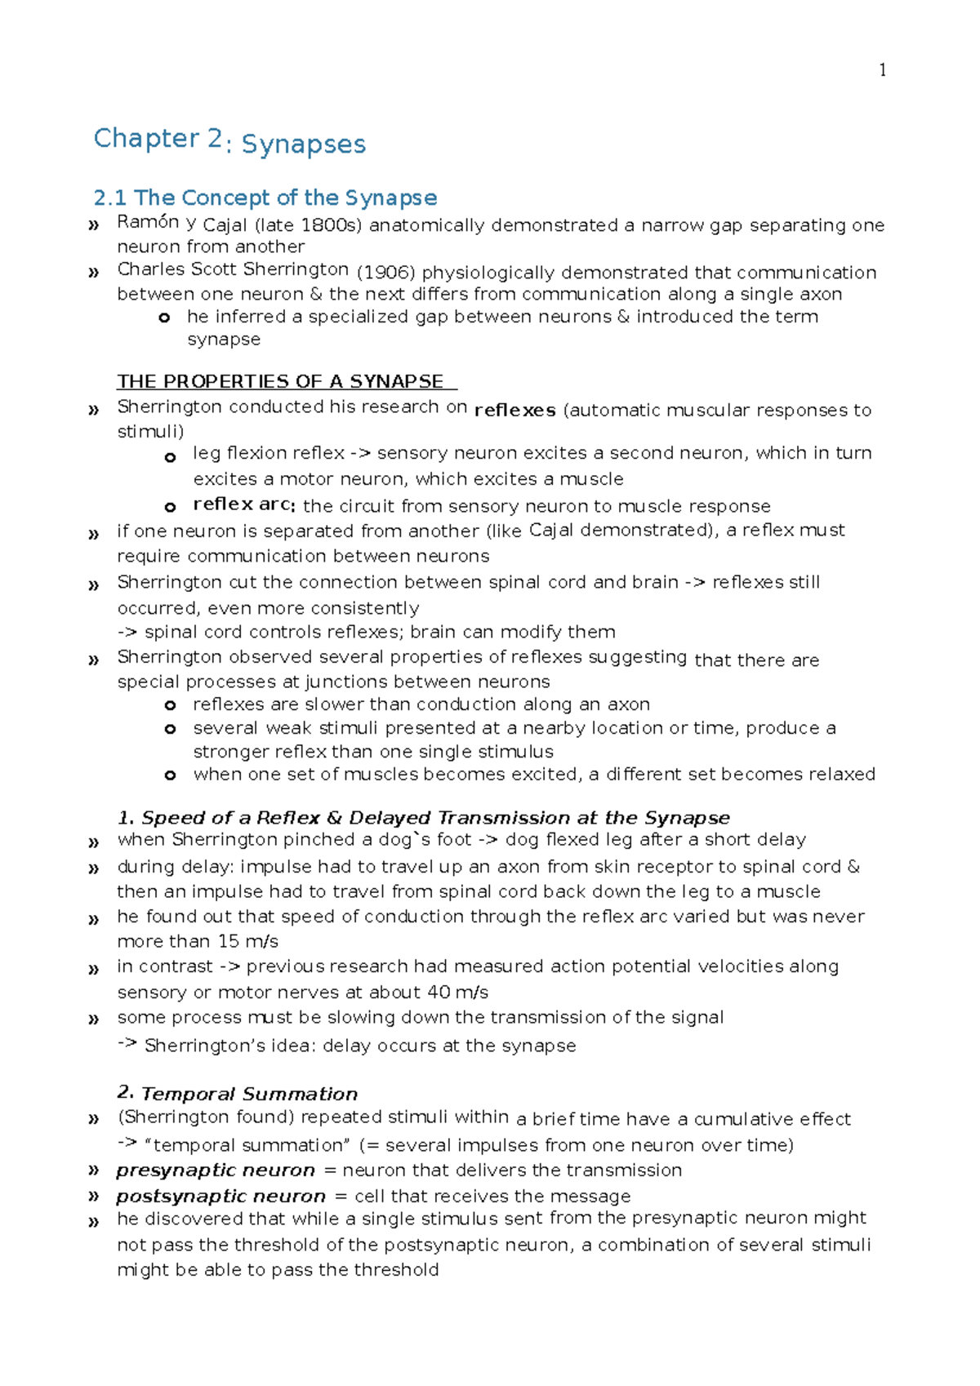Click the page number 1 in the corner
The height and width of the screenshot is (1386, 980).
[x=882, y=71]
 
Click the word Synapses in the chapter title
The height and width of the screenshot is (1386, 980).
[x=304, y=144]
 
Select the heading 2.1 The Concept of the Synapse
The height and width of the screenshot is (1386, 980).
[x=265, y=198]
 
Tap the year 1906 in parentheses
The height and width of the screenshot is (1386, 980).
[x=386, y=273]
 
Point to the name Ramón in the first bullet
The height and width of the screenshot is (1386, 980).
[x=148, y=221]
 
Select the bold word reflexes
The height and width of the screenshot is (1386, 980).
[x=514, y=410]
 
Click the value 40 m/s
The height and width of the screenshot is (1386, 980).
[x=457, y=992]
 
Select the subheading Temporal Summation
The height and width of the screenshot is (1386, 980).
[x=249, y=1094]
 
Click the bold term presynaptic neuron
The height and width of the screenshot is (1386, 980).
[x=216, y=1170]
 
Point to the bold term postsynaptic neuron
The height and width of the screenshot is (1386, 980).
[x=220, y=1196]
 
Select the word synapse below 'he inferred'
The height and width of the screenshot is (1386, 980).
[x=224, y=339]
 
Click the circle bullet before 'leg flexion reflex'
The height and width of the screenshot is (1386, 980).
[x=170, y=457]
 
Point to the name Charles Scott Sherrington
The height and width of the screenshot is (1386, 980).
[x=233, y=269]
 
